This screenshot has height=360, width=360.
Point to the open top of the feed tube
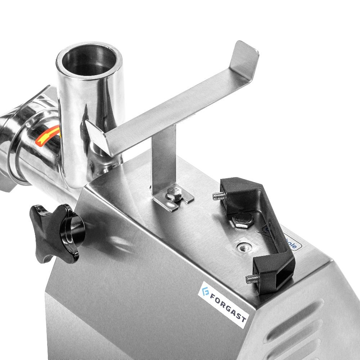click(x=89, y=58)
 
